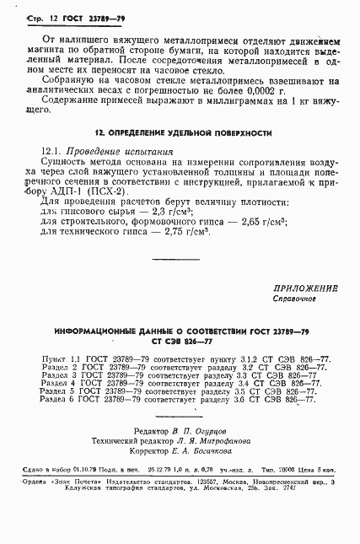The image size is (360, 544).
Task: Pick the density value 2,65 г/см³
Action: tap(239, 222)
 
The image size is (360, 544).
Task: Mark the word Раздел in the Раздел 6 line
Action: tap(55, 400)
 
